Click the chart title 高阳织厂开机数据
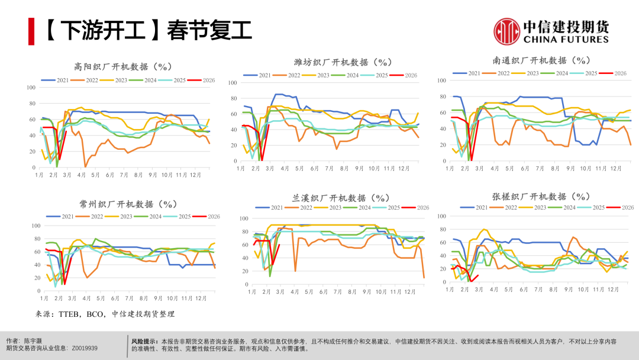pos(122,66)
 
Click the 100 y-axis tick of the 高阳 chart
pos(31,88)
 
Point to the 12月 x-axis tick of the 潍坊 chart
pos(403,168)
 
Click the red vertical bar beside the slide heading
pos(31,31)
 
